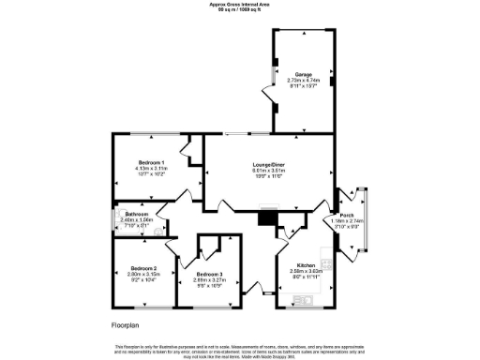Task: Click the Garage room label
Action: click(303, 73)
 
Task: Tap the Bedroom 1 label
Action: click(151, 162)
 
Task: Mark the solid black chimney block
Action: click(268, 217)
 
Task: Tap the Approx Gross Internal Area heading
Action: click(240, 4)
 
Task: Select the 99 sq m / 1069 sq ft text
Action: click(240, 9)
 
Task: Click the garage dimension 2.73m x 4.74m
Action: click(303, 80)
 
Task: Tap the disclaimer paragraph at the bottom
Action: click(240, 350)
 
